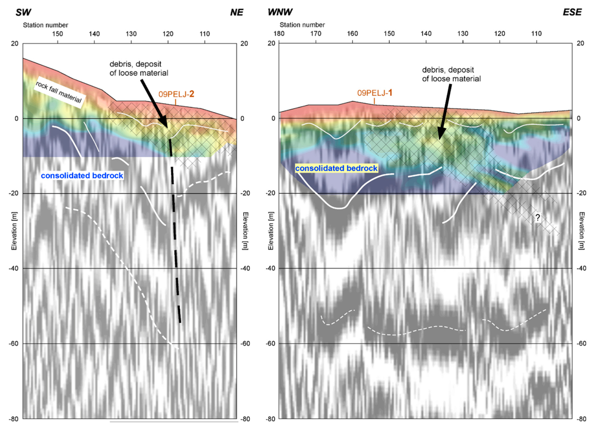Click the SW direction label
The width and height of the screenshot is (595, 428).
pos(23,12)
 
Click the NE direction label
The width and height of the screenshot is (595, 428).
pos(236,12)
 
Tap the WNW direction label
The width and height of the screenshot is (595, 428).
pos(280,12)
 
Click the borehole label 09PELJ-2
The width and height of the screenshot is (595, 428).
pos(176,94)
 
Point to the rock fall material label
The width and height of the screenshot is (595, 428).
pos(59,92)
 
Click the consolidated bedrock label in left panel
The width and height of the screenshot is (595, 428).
pos(82,176)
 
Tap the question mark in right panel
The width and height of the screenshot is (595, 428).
pos(537,217)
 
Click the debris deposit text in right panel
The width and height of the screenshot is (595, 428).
pos(451,74)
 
